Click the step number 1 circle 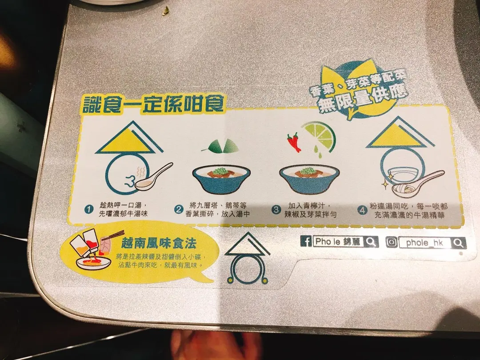click(x=88, y=209)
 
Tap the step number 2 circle click(x=179, y=210)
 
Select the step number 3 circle click(x=276, y=210)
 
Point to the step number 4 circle click(x=363, y=210)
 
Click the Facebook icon click(x=306, y=241)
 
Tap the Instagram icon click(x=392, y=242)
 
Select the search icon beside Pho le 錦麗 click(x=371, y=242)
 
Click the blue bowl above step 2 click(x=221, y=180)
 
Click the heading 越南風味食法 click(x=159, y=244)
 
